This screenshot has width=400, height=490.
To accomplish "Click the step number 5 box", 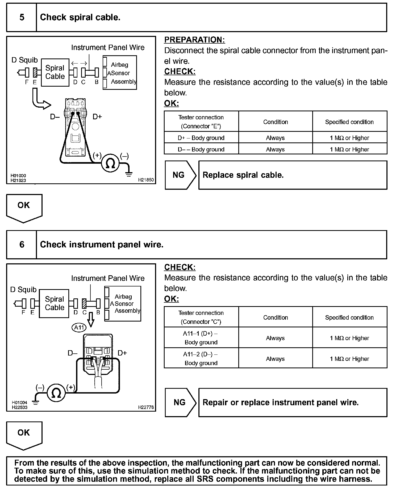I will [x=22, y=18].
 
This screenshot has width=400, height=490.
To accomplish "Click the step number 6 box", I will [x=22, y=244].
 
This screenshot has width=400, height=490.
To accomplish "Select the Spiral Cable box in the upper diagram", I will [x=55, y=72].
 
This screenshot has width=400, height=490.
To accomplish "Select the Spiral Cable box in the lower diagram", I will [x=54, y=303].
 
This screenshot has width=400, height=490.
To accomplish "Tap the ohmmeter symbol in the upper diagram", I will [x=110, y=163].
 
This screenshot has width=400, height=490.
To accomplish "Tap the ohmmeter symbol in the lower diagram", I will [x=56, y=394].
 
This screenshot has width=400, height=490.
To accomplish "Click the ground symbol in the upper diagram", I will [x=129, y=174].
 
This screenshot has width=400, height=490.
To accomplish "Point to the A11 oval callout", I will [x=79, y=327].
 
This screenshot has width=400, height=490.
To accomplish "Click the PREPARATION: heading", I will [x=194, y=40].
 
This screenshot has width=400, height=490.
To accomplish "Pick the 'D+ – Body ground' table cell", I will [x=201, y=138].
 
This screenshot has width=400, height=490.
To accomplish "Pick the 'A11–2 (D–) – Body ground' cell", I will [x=201, y=358].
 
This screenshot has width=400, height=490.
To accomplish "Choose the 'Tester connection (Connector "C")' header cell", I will [x=201, y=317].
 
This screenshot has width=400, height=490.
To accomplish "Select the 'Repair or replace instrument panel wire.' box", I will [x=293, y=403].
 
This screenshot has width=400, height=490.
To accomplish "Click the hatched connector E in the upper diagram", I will [x=35, y=72].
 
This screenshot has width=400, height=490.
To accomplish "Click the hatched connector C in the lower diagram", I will [x=85, y=303].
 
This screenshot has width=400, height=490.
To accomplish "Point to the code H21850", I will [x=146, y=180].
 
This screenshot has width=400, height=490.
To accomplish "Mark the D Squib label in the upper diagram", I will [x=24, y=60].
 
